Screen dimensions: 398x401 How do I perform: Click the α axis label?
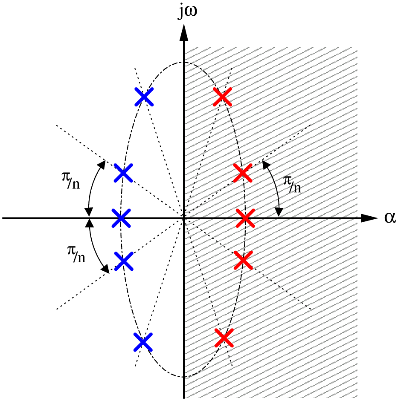coord(390,218)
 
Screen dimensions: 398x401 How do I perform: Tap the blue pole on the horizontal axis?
coord(121,218)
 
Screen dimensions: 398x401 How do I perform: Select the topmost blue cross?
coord(144,97)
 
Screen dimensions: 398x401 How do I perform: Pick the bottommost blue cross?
coord(143,342)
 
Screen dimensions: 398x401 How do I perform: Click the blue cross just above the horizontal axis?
coord(123,173)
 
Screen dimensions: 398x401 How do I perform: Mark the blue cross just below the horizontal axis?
coord(124,261)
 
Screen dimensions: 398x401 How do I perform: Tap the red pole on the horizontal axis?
coord(245,218)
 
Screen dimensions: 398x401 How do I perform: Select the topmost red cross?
coord(222,97)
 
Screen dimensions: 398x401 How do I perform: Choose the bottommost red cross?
coord(224,338)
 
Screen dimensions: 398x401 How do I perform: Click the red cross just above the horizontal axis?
coord(242,173)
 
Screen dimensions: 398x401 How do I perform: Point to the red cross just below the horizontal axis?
coord(244,260)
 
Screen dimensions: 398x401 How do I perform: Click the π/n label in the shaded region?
coord(292,184)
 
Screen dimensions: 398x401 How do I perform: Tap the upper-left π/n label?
coord(71,180)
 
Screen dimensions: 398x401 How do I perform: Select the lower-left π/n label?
coord(76,254)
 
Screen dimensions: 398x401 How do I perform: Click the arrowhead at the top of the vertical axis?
coord(184,32)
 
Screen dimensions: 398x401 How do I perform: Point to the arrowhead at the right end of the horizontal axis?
coord(369,218)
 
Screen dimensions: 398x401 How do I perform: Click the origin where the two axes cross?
coord(184,218)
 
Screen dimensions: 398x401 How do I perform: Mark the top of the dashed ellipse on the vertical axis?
coord(184,62)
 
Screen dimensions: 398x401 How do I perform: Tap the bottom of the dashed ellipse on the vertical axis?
coord(184,377)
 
